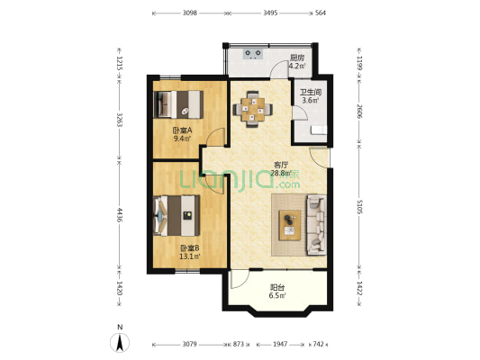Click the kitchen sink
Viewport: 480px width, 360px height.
(253, 54)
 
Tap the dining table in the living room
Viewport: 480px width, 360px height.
(253, 109)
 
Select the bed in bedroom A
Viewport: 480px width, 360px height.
(178, 104)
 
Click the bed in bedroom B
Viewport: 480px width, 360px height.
(177, 216)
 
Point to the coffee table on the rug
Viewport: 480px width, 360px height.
(290, 225)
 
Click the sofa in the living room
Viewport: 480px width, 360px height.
(316, 225)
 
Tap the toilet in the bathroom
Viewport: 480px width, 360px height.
(319, 130)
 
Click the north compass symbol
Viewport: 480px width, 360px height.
(120, 343)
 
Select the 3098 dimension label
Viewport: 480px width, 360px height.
(190, 13)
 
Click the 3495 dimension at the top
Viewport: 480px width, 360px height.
(270, 13)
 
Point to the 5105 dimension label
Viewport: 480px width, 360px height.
(359, 206)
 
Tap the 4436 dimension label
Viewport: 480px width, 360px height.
(120, 215)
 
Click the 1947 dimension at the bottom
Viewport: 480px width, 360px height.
(280, 345)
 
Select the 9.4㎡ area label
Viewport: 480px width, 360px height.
(183, 139)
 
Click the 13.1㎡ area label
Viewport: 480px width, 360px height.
(190, 256)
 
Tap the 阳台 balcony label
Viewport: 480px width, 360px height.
(277, 287)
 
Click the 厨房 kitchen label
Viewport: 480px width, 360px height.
(297, 58)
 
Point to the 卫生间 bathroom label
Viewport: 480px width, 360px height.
(311, 92)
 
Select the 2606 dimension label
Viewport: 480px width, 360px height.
(359, 112)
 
